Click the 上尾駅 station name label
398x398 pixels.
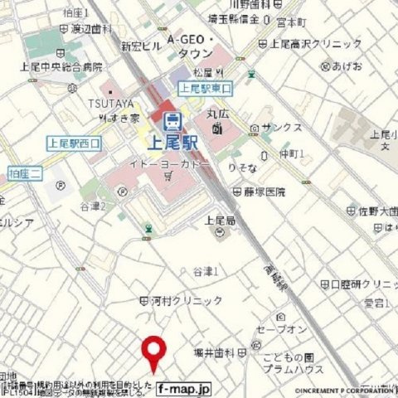click(172, 143)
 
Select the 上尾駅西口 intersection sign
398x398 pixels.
click(74, 143)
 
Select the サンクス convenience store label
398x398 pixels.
click(281, 129)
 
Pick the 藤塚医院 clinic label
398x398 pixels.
click(264, 192)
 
